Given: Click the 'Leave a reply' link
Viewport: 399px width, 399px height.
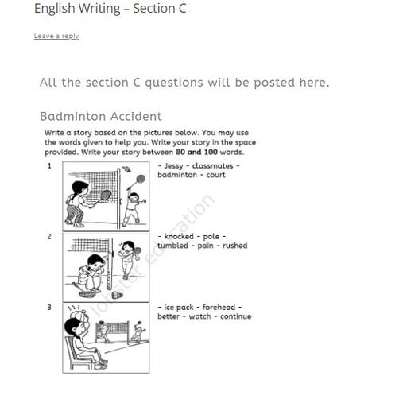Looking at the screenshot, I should (x=56, y=36).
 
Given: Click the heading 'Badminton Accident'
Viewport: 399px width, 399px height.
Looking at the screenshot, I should (x=100, y=116).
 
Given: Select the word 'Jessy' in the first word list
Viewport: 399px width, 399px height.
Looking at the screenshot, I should (x=174, y=166).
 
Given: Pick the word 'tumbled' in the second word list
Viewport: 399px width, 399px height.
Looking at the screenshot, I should (x=172, y=246).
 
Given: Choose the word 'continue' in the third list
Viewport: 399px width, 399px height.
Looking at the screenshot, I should (x=234, y=316).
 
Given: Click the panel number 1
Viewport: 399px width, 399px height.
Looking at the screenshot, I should (x=49, y=166).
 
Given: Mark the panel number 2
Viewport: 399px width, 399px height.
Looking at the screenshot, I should (x=49, y=237).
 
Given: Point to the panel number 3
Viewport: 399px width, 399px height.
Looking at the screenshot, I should (x=49, y=307).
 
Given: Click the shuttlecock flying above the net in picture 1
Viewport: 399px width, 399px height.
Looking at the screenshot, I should (x=127, y=169).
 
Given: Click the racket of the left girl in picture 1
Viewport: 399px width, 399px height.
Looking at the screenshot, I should (x=104, y=194).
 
